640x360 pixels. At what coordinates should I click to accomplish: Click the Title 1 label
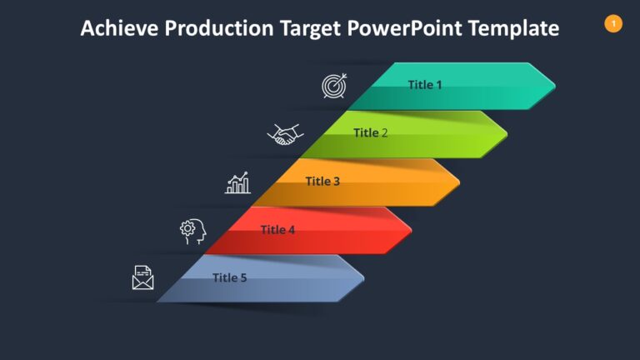pyautogui.click(x=425, y=84)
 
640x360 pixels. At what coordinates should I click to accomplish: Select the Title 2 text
pyautogui.click(x=371, y=132)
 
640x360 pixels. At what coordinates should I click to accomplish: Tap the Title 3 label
pyautogui.click(x=322, y=181)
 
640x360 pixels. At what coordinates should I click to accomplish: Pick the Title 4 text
pyautogui.click(x=277, y=229)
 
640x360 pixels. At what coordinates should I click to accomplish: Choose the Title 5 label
pyautogui.click(x=229, y=277)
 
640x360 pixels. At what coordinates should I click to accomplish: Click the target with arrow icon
pyautogui.click(x=335, y=86)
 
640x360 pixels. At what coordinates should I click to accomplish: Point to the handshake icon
pyautogui.click(x=285, y=134)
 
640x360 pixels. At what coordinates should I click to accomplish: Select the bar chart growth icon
pyautogui.click(x=238, y=183)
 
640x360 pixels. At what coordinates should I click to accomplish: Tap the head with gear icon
pyautogui.click(x=192, y=231)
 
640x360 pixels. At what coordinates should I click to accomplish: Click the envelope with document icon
pyautogui.click(x=143, y=277)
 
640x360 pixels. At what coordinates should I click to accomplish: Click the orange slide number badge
pyautogui.click(x=613, y=24)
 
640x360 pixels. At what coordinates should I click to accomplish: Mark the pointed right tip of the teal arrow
pyautogui.click(x=554, y=85)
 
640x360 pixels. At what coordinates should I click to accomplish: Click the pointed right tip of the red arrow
pyautogui.click(x=411, y=230)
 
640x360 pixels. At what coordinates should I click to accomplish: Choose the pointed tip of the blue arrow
pyautogui.click(x=363, y=277)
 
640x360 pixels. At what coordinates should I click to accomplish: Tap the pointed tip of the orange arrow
pyautogui.click(x=458, y=182)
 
